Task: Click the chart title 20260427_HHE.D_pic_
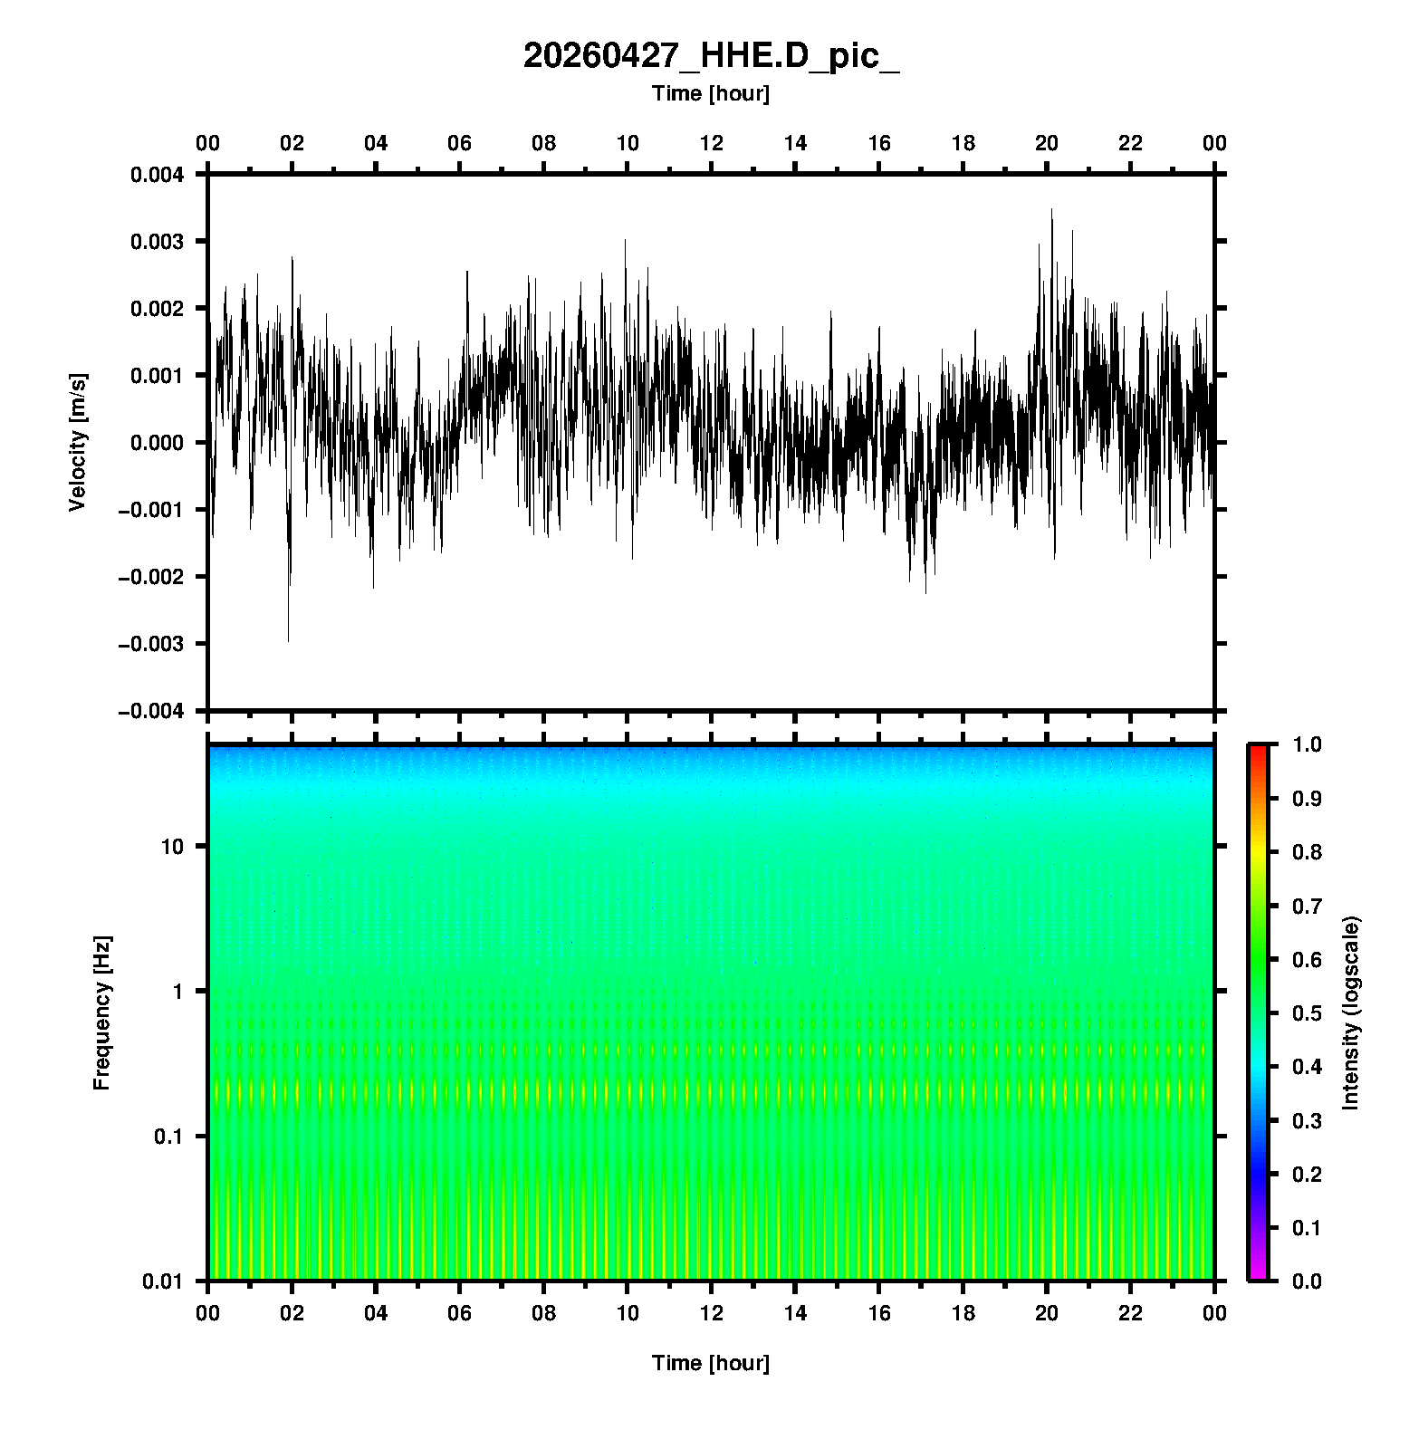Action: click(x=711, y=56)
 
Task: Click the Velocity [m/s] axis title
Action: click(x=79, y=442)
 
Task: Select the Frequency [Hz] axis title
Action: click(x=101, y=1013)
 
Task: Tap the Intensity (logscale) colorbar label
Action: click(x=1351, y=1012)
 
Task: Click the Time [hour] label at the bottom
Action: click(x=711, y=1363)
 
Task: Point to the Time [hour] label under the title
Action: click(x=711, y=93)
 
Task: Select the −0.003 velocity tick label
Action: click(x=151, y=644)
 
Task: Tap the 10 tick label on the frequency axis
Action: click(x=172, y=847)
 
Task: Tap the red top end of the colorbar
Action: click(x=1258, y=750)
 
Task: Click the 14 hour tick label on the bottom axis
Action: click(x=795, y=1313)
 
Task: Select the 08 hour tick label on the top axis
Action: click(x=543, y=143)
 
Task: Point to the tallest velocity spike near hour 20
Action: click(x=1051, y=210)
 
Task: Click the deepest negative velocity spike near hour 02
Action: click(x=288, y=640)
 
